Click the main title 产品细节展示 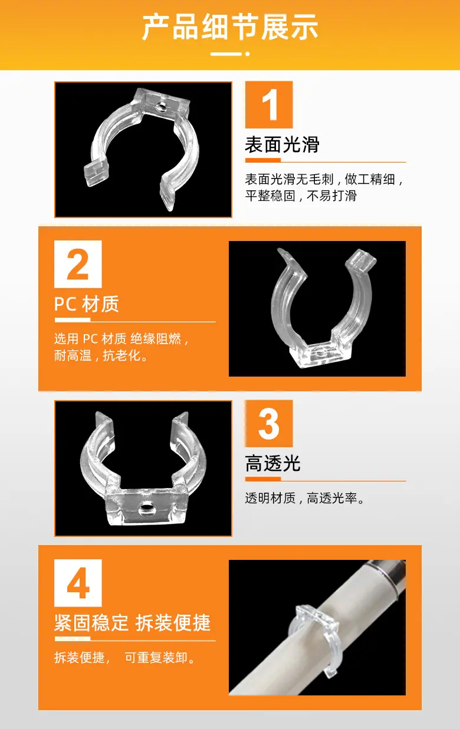[230, 27]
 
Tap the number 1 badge [269, 104]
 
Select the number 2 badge [78, 264]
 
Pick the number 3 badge [269, 423]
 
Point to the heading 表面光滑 [282, 144]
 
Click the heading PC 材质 [87, 304]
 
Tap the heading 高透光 [272, 463]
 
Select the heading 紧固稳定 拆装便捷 [132, 623]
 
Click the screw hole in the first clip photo [160, 107]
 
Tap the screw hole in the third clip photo [146, 508]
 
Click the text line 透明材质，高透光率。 [305, 498]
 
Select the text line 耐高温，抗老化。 [101, 355]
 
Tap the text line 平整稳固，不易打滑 [301, 196]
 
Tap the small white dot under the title [247, 54]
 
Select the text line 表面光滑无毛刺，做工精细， [324, 179]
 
